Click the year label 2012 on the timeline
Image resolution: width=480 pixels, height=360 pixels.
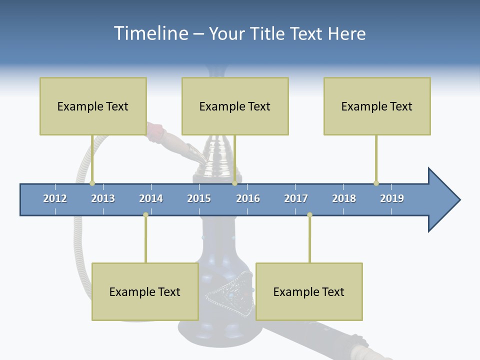pyautogui.click(x=55, y=198)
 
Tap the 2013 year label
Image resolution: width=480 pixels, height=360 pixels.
pyautogui.click(x=103, y=198)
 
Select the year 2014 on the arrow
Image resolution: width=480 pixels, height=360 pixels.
pyautogui.click(x=151, y=198)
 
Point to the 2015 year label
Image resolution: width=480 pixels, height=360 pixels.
pyautogui.click(x=199, y=198)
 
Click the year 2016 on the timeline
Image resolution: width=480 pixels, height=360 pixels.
pyautogui.click(x=248, y=198)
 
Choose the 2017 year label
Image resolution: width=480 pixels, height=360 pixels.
pyautogui.click(x=296, y=198)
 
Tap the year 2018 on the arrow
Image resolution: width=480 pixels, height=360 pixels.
pyautogui.click(x=344, y=198)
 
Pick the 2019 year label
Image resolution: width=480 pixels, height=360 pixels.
pyautogui.click(x=392, y=198)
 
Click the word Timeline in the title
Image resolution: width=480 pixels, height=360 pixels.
pyautogui.click(x=150, y=33)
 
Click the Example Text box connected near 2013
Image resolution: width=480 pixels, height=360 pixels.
pyautogui.click(x=93, y=106)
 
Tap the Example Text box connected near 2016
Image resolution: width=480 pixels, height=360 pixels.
pyautogui.click(x=235, y=106)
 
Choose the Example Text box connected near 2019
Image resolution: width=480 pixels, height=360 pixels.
pyautogui.click(x=377, y=106)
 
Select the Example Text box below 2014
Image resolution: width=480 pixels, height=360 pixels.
pyautogui.click(x=145, y=291)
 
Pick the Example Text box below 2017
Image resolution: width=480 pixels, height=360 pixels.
pyautogui.click(x=309, y=291)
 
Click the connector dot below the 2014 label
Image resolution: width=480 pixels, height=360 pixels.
pyautogui.click(x=145, y=215)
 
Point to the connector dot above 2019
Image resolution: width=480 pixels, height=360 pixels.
pyautogui.click(x=376, y=183)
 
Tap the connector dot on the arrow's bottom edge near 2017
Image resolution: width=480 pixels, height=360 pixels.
pyautogui.click(x=309, y=215)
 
